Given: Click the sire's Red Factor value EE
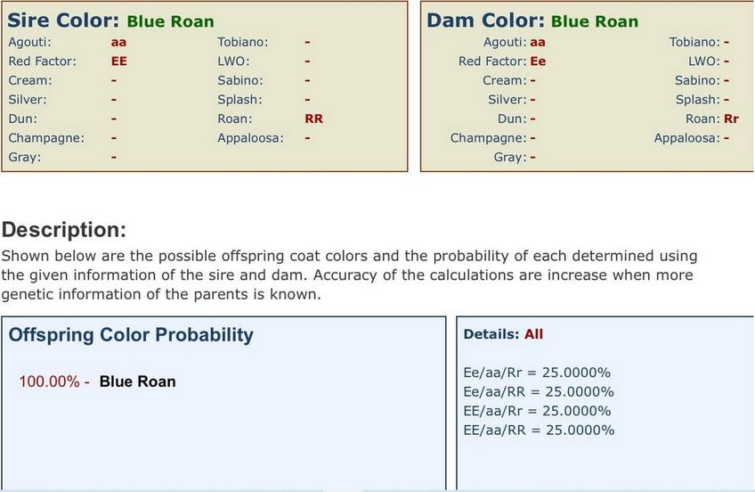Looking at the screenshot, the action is [x=119, y=61].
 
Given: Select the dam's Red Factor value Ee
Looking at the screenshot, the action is [x=538, y=61].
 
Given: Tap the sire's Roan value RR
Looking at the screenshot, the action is [x=314, y=119].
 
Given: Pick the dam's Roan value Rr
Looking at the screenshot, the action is [x=731, y=119].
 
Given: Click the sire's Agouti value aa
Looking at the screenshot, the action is [x=118, y=43].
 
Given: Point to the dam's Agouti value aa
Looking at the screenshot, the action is [x=538, y=43].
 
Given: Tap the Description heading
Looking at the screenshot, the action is [x=64, y=230].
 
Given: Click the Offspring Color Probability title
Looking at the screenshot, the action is [x=131, y=335].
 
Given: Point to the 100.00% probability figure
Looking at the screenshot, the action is [x=49, y=381].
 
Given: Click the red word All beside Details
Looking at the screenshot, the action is [x=533, y=334].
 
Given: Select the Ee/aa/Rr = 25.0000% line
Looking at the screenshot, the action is [x=537, y=373].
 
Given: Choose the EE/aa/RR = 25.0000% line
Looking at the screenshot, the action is [x=539, y=430].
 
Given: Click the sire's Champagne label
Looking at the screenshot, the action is [x=46, y=138].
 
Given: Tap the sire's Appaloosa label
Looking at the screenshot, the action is [x=250, y=138].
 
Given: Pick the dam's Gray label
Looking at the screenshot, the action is [x=510, y=157].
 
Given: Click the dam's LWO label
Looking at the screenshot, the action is [x=704, y=61].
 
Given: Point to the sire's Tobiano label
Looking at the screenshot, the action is [x=243, y=43].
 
